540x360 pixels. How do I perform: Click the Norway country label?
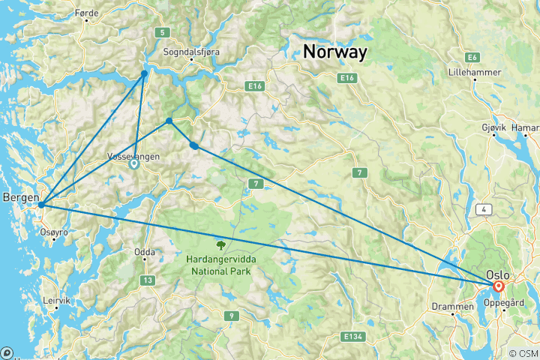334,52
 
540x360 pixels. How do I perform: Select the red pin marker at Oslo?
498,286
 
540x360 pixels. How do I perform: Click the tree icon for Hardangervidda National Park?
220,244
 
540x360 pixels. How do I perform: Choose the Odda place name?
145,252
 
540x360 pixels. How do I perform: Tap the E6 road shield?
472,57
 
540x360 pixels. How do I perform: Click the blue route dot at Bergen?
42,204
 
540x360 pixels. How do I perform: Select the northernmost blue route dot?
145,73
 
